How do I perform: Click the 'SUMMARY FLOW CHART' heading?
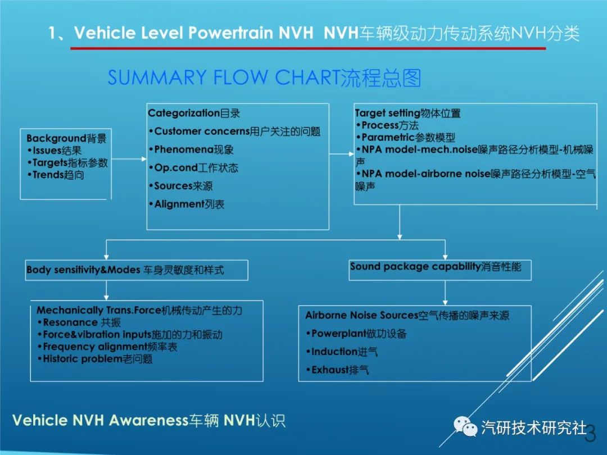[x=264, y=78]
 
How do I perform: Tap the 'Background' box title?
[x=66, y=138]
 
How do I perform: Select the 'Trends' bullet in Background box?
[x=56, y=175]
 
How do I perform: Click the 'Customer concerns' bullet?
[x=234, y=131]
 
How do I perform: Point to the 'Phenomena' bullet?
[x=191, y=150]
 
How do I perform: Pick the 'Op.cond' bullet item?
[x=193, y=168]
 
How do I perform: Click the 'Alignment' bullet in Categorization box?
[x=187, y=204]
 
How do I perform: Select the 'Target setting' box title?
[x=407, y=113]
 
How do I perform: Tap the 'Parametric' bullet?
[x=405, y=138]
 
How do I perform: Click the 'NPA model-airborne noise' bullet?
[x=476, y=180]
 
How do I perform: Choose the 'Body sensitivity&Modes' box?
[x=137, y=270]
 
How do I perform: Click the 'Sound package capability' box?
[x=440, y=270]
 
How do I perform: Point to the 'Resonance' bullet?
[x=79, y=322]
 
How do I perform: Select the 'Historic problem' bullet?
[x=95, y=358]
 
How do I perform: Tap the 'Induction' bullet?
[x=342, y=352]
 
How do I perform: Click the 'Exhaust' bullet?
[x=338, y=370]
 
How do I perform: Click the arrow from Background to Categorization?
[x=129, y=159]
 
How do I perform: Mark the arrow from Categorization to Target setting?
[x=342, y=154]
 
